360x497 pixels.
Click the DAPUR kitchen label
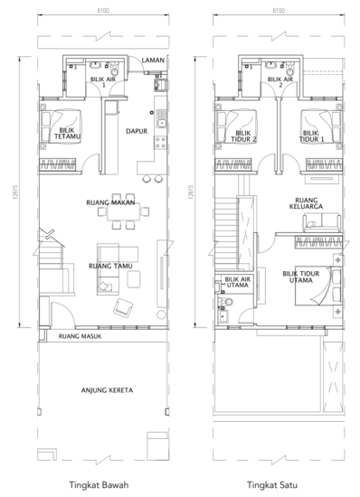click(137, 131)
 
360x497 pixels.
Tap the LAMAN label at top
click(153, 60)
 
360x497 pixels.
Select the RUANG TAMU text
click(110, 266)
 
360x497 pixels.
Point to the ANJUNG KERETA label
click(108, 390)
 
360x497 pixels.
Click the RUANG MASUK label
click(81, 336)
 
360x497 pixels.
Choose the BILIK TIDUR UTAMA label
click(301, 277)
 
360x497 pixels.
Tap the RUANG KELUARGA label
click(306, 203)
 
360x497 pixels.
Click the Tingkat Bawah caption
click(99, 484)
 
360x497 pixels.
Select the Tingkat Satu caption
click(272, 484)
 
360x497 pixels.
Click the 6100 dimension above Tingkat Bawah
click(103, 11)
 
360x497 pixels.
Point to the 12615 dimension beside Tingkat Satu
click(190, 192)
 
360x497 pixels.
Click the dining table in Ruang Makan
click(123, 211)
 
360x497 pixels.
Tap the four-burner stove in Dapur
click(160, 142)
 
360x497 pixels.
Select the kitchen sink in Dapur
click(161, 122)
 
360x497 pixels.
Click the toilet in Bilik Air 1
click(114, 67)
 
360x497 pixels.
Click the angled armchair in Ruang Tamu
click(123, 307)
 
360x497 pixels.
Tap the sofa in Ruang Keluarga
click(322, 222)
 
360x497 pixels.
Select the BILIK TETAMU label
click(67, 134)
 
